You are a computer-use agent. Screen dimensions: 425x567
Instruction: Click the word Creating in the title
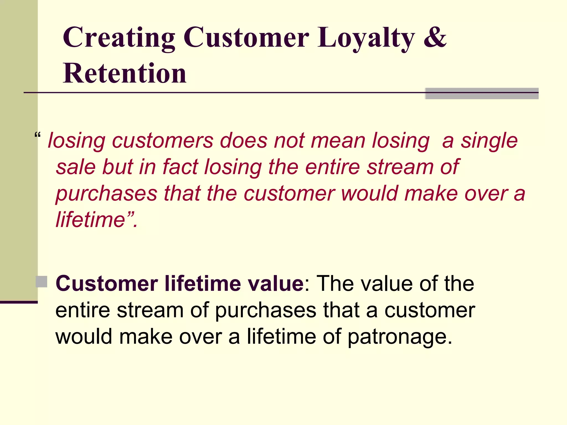coord(119,38)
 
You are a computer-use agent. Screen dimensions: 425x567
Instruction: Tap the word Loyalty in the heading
coord(366,38)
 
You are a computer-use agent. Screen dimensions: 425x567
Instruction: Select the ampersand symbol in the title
coord(435,37)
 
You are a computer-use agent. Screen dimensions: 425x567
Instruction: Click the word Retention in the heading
coord(125,73)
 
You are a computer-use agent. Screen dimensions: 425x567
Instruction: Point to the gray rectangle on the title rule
coord(482,94)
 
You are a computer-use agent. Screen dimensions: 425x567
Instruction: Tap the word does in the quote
coord(243,141)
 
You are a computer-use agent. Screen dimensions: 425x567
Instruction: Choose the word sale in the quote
coord(76,167)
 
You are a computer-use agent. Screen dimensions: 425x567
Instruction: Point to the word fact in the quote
coord(180,167)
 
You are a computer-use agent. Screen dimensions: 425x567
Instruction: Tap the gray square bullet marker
coord(42,282)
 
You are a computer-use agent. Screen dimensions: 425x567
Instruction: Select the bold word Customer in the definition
coord(107,284)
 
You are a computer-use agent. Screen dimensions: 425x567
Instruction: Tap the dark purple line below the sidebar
coord(19,302)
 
